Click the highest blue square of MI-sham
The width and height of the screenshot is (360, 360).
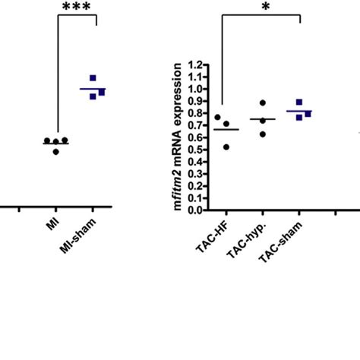pyautogui.click(x=93, y=78)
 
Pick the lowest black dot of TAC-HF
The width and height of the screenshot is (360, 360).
pyautogui.click(x=226, y=147)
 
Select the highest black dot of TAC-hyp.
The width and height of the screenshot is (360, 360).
pyautogui.click(x=262, y=103)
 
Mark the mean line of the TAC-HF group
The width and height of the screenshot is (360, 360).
pyautogui.click(x=226, y=130)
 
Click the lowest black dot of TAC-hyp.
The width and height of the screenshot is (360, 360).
pyautogui.click(x=263, y=134)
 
